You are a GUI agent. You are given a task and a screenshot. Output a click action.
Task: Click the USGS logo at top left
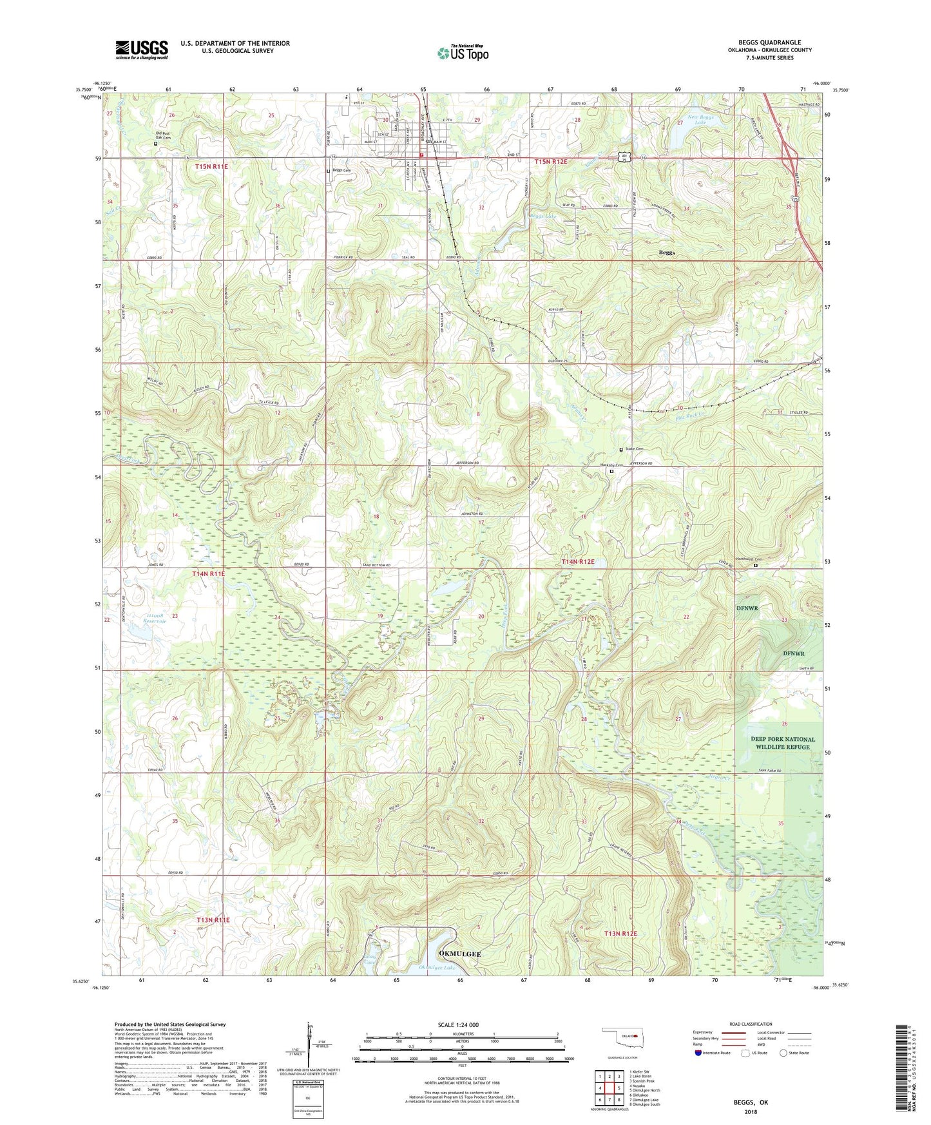tap(142, 49)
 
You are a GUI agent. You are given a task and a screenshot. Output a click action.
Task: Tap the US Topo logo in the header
tap(463, 53)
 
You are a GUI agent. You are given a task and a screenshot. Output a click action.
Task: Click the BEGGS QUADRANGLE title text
tap(770, 43)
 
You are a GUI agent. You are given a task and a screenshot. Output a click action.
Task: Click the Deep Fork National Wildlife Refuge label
tap(782, 743)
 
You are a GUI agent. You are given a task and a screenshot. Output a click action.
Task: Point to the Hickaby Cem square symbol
tap(611, 471)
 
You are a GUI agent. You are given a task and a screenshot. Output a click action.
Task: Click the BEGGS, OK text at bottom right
tap(751, 1102)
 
